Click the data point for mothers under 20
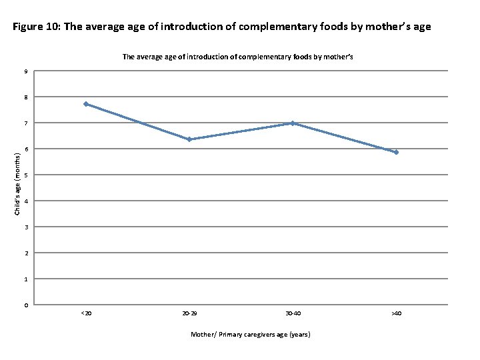point(86,104)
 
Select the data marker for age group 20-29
point(189,139)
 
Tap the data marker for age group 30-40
point(293,123)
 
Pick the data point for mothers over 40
point(396,152)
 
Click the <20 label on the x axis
point(86,313)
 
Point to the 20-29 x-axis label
point(189,313)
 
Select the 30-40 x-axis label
point(293,313)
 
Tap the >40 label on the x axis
point(396,313)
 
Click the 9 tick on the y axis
point(26,71)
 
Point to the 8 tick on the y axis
point(26,97)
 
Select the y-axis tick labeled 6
point(26,149)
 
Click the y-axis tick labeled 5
point(26,175)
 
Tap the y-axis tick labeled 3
point(26,227)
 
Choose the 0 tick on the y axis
point(26,305)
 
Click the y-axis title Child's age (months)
point(18,182)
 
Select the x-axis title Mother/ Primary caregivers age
point(250,334)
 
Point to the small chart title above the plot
point(237,57)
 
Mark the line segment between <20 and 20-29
point(138,121)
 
